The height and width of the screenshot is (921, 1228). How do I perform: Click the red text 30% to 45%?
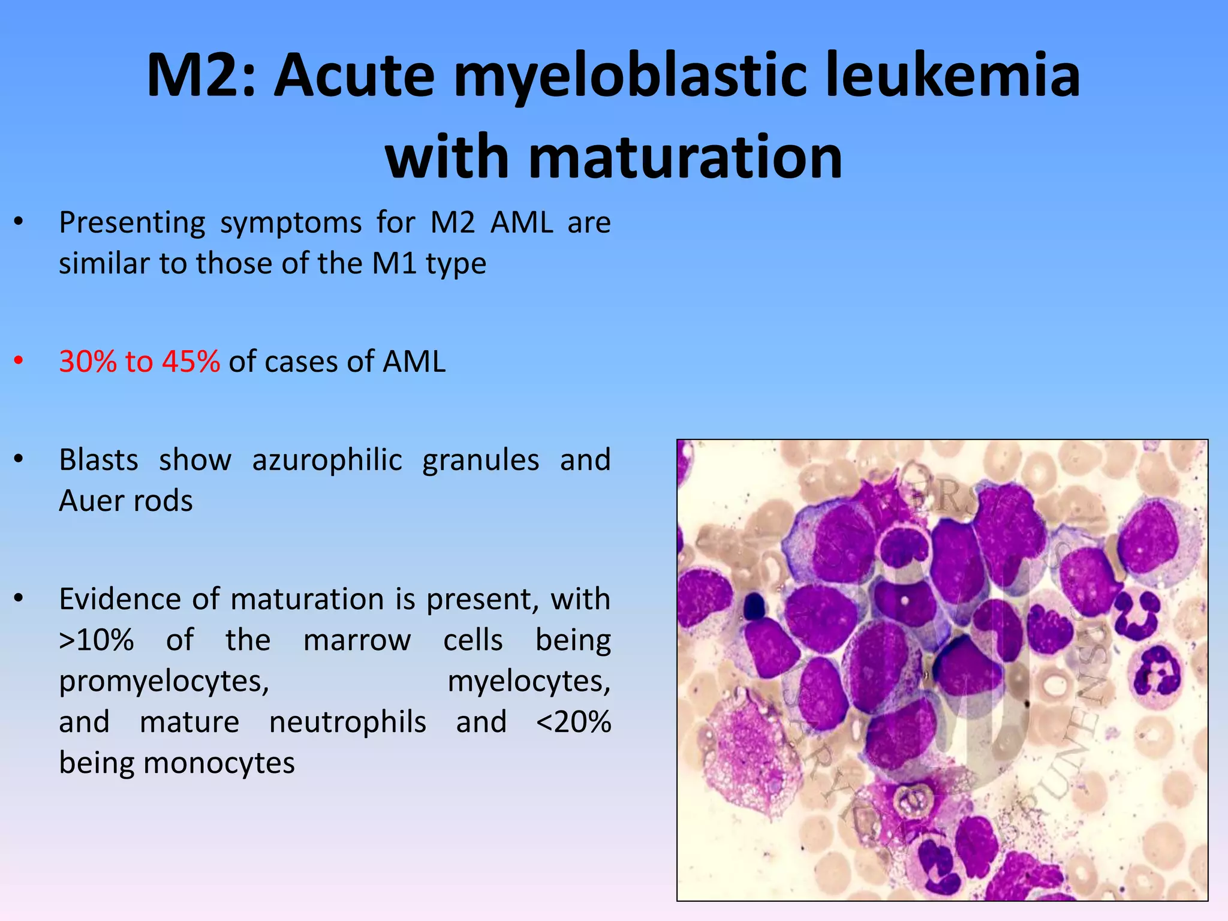click(139, 362)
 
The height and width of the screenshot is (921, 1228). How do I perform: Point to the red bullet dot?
click(19, 361)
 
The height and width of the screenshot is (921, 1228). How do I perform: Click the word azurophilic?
click(327, 460)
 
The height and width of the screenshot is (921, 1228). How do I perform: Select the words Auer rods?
click(126, 501)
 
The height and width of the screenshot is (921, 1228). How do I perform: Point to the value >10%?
click(96, 640)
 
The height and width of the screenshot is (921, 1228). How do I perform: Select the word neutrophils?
click(348, 722)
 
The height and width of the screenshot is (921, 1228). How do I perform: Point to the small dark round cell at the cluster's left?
click(754, 606)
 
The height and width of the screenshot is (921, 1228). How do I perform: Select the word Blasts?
click(98, 460)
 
